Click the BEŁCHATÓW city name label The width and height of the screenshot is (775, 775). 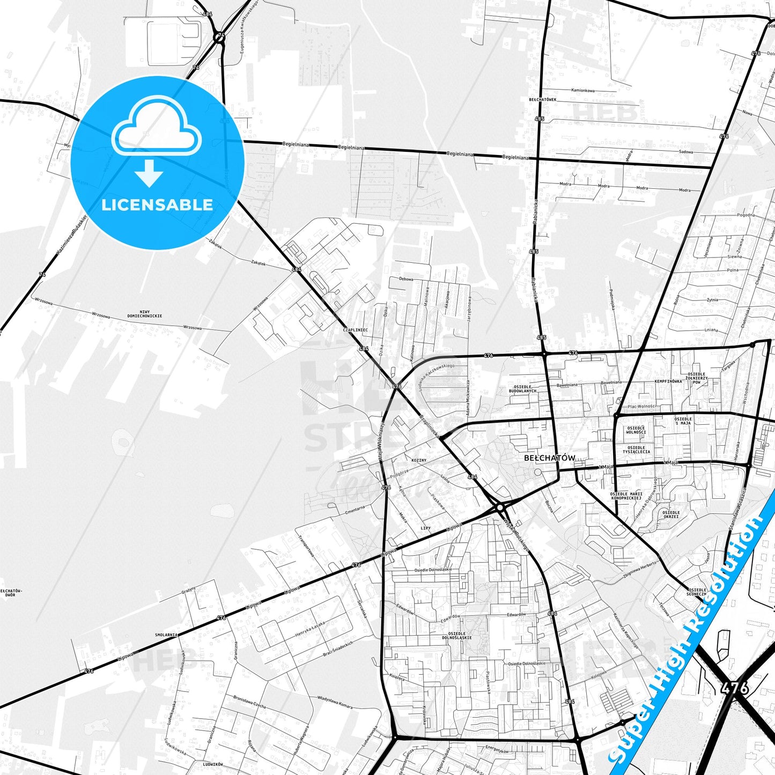549,458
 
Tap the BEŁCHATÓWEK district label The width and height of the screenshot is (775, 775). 542,100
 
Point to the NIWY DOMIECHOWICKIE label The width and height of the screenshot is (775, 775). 144,314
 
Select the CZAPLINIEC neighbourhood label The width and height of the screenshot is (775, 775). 355,330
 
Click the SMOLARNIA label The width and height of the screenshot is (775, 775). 166,634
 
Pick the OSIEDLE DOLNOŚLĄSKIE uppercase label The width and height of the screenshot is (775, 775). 456,636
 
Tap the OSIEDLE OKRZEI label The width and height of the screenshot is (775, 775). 670,514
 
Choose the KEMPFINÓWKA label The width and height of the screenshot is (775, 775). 668,381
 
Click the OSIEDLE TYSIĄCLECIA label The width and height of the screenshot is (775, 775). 636,449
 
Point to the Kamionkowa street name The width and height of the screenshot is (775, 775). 583,91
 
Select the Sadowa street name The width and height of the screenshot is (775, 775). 685,152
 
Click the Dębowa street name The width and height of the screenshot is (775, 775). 406,279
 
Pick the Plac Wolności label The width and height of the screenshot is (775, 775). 641,406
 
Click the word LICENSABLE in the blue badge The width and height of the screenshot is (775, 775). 157,204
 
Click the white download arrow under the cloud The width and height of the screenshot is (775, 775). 149,173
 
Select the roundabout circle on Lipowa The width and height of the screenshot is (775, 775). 500,507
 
